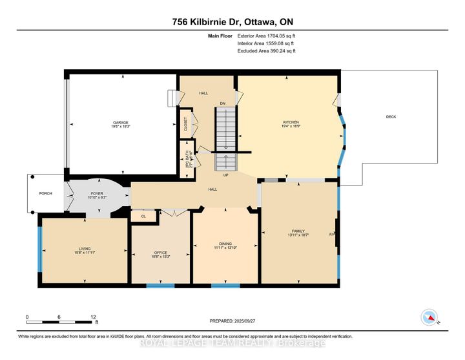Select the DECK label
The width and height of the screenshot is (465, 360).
[x=391, y=117]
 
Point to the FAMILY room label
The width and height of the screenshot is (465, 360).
[x=298, y=231]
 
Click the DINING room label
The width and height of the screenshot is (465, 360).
[x=225, y=244]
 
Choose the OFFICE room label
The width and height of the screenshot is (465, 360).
[x=160, y=253]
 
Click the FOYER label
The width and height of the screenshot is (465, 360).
[x=96, y=192]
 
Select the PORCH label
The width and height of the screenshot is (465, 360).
[x=45, y=194]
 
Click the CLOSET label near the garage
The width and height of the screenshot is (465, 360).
[x=185, y=123]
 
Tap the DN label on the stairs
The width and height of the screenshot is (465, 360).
[x=222, y=103]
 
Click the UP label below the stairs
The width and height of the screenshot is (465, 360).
[x=225, y=175]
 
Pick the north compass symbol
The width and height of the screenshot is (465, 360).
[x=427, y=317]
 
